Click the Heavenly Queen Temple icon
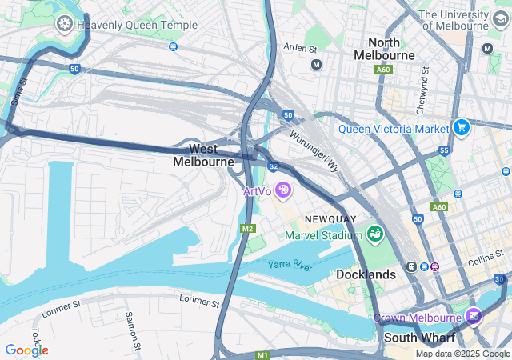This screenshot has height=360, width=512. click(x=64, y=24)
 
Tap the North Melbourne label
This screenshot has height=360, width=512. click(x=390, y=48)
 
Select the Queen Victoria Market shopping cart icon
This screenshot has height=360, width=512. click(x=461, y=127)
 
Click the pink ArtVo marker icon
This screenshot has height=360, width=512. click(x=282, y=190)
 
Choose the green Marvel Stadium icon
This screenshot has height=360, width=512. click(x=374, y=234)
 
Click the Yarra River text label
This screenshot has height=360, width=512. click(x=290, y=265)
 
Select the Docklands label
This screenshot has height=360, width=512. click(x=366, y=274)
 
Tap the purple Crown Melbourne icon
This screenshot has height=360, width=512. click(x=475, y=318)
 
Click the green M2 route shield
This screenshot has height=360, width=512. click(x=247, y=229)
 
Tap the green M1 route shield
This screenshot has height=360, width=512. click(x=263, y=354)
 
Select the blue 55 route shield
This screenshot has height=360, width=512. click(x=444, y=150)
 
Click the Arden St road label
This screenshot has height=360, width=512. click(x=301, y=49)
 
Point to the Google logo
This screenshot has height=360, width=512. click(x=26, y=350)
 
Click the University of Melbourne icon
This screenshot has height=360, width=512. click(x=500, y=18)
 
